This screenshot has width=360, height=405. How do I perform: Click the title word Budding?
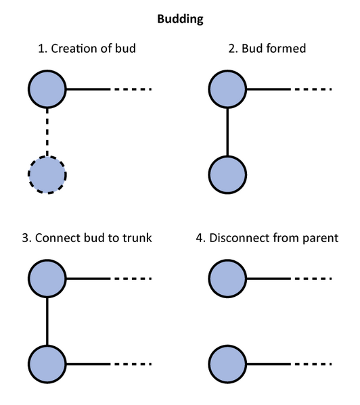coord(180,19)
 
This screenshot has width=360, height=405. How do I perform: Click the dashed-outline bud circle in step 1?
coord(47,175)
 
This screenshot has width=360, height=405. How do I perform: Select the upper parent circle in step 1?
coord(47,89)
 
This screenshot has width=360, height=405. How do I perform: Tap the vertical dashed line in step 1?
coord(47,132)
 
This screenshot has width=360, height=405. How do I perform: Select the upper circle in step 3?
coord(47,278)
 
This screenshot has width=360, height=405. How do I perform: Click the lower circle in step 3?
coord(47,364)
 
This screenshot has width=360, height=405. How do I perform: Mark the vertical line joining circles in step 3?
coord(47,321)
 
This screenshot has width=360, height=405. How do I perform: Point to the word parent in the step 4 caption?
coord(321,238)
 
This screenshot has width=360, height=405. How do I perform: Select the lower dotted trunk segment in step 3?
coord(131,364)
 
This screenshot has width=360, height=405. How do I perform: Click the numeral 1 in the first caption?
coord(41,49)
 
